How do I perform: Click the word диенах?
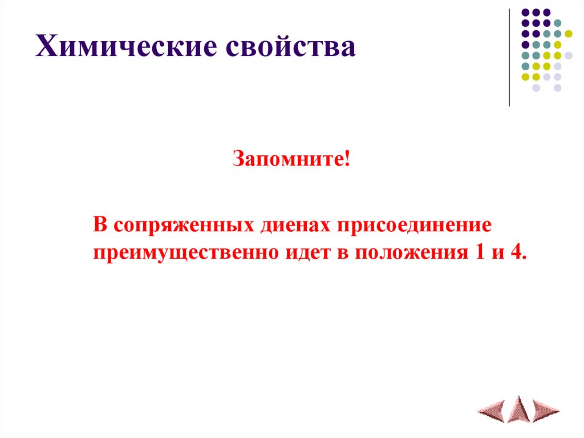[294, 225]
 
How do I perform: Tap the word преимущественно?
[185, 252]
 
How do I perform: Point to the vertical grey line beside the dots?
[509, 57]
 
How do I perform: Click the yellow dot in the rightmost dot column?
[569, 34]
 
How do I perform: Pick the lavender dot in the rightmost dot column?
[569, 55]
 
